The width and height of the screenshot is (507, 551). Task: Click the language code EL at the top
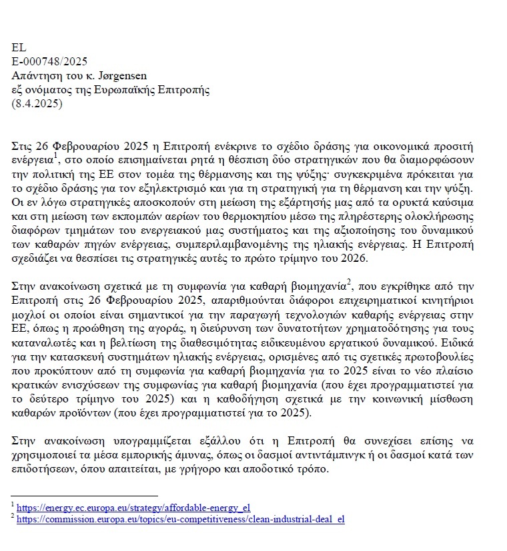pos(19,48)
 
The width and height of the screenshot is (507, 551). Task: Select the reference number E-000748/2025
pos(49,62)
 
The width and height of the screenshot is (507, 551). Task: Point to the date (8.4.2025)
pos(37,104)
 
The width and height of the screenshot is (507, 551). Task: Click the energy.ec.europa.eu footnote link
pos(133,508)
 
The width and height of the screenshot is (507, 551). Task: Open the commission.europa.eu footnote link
pos(180,519)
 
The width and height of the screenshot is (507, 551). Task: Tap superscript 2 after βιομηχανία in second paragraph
pos(349,282)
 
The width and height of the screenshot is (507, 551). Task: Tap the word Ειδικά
pos(458,343)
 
